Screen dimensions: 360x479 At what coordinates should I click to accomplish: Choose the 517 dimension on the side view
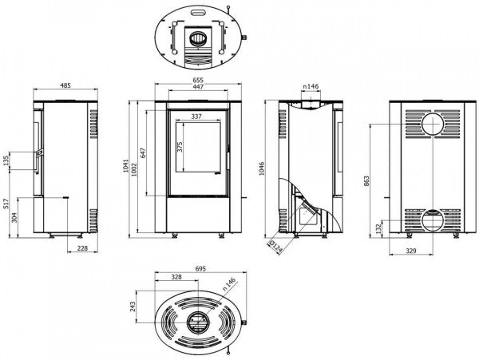[x=6, y=210]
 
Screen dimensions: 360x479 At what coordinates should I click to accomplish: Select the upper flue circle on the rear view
[x=432, y=125]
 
